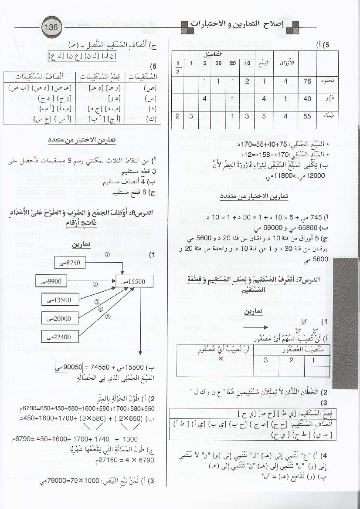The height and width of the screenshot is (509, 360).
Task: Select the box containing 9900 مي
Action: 51,281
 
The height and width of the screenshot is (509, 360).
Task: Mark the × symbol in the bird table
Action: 221,359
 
